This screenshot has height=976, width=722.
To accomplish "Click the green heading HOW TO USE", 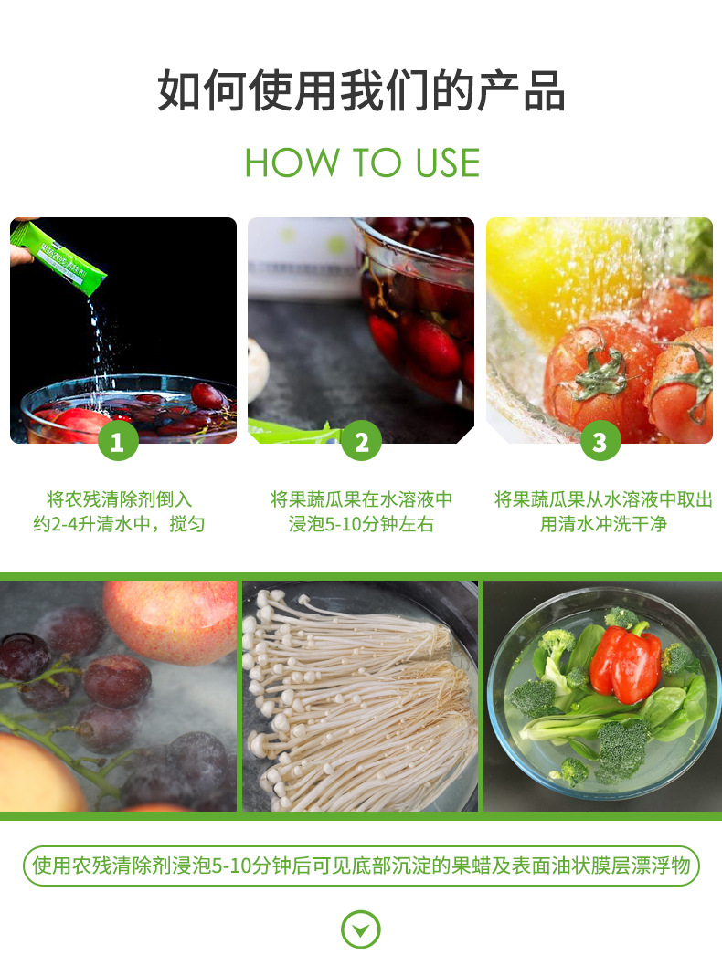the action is point(362,163).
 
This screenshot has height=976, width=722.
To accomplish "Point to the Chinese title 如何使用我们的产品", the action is point(361,91).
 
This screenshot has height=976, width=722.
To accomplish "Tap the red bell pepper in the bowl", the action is point(625,663).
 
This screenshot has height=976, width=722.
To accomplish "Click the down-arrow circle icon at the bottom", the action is point(361,930).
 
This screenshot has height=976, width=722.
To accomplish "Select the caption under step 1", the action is point(119,511).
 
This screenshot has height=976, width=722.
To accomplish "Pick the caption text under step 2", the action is point(361,511).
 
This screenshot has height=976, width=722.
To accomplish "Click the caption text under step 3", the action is point(603,511).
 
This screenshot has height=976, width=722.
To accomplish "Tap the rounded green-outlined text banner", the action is point(361,866).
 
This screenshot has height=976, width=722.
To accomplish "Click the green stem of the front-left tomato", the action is point(600,373).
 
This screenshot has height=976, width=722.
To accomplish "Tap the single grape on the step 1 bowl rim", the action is point(207,396).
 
